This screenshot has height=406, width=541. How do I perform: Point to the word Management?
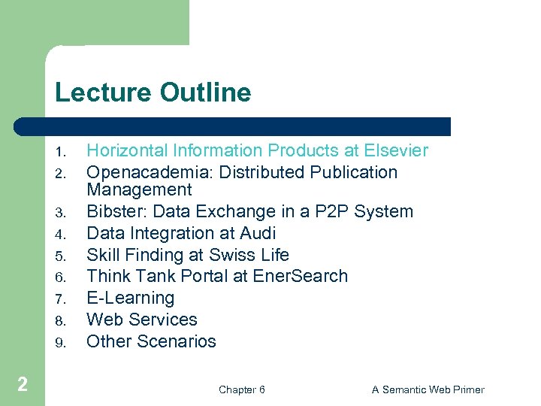click(x=139, y=190)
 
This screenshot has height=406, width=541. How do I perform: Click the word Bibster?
click(x=113, y=212)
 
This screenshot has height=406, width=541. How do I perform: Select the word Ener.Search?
click(x=301, y=277)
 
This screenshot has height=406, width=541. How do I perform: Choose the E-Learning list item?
click(x=131, y=298)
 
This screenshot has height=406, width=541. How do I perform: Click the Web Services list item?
click(x=142, y=320)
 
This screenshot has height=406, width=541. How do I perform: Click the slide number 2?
click(x=23, y=385)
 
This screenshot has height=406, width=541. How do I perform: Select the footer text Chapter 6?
click(x=241, y=389)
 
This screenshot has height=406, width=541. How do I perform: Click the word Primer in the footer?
click(x=467, y=389)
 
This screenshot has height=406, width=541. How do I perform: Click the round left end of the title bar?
click(x=21, y=126)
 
